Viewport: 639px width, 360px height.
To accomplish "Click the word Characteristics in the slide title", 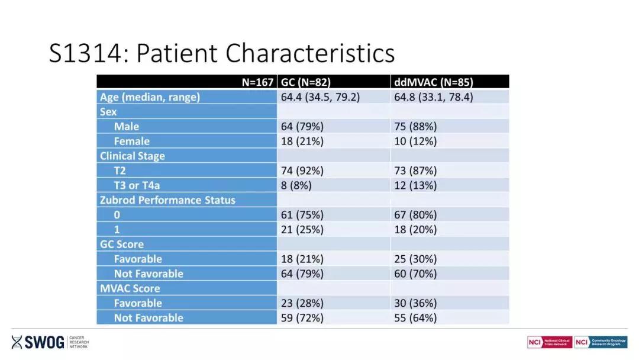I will click(x=311, y=53).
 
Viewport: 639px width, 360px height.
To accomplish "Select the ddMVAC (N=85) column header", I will click(x=433, y=82).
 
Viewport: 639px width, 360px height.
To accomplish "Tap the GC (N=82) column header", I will click(x=305, y=82).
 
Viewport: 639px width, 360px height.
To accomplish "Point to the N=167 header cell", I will click(x=257, y=82).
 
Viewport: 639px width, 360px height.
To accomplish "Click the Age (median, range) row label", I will click(x=150, y=97).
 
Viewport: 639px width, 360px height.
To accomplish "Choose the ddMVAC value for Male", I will click(x=415, y=126).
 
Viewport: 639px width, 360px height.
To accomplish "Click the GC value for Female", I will click(x=302, y=141).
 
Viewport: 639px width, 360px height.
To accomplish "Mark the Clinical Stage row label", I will click(x=133, y=156).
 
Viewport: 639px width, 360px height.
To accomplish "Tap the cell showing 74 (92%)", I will click(x=302, y=171).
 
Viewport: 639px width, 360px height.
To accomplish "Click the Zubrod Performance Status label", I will click(x=167, y=200).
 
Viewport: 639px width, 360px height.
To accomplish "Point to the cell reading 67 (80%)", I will click(x=415, y=214).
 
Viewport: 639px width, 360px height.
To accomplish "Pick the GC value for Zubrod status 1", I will click(x=302, y=229).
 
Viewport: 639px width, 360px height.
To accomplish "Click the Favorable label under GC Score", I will click(x=138, y=259).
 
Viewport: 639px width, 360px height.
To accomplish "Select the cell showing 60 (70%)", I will click(x=415, y=274).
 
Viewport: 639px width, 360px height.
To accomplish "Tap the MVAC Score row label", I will click(x=130, y=288).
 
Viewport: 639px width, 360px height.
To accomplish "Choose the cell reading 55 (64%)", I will click(x=415, y=318).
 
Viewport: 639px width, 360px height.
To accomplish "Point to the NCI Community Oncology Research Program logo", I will click(x=601, y=342).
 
